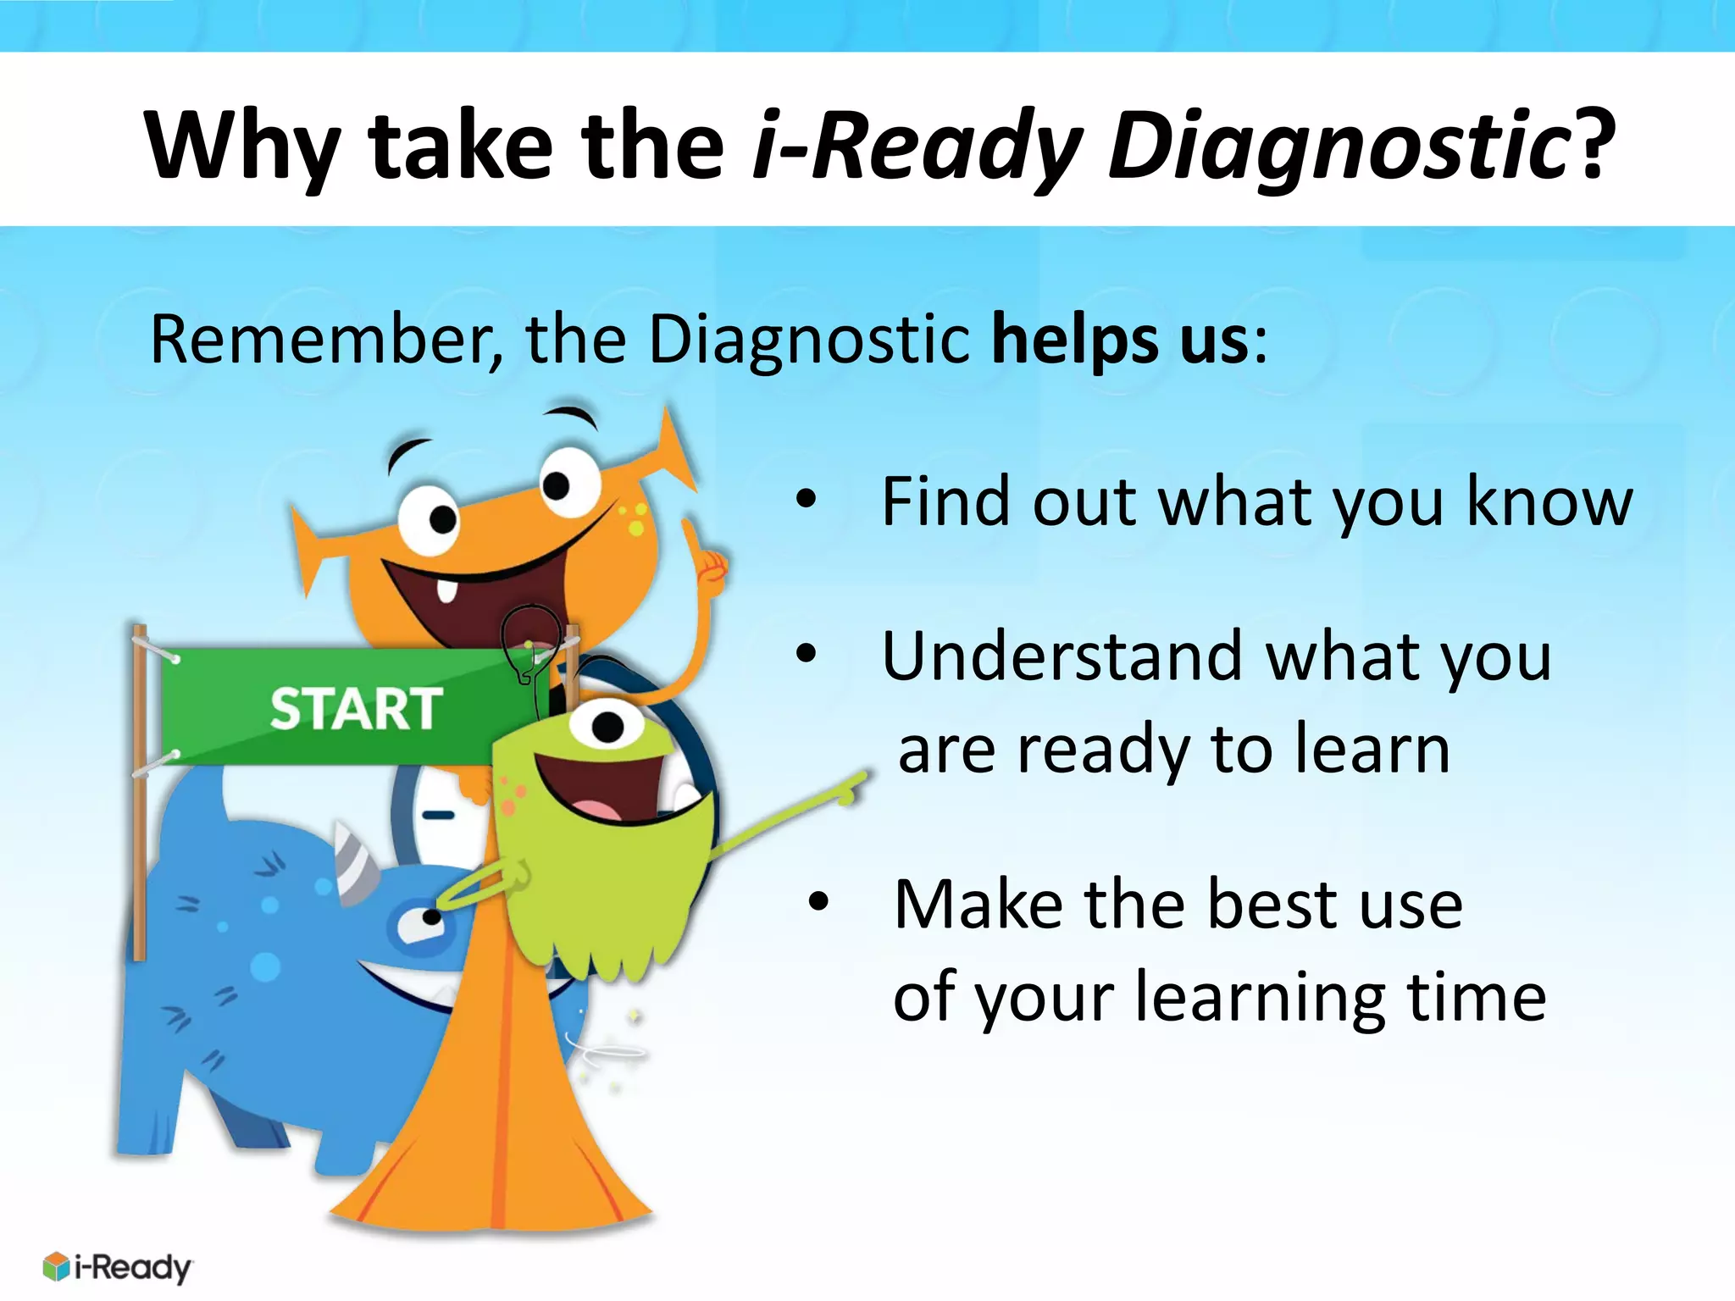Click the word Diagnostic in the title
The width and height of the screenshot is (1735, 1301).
pyautogui.click(x=1339, y=146)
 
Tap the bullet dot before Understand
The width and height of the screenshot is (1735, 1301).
pyautogui.click(x=806, y=654)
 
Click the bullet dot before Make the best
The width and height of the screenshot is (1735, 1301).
pyautogui.click(x=818, y=902)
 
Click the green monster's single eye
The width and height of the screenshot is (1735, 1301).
pyautogui.click(x=606, y=727)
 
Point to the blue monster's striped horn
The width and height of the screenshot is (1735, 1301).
pyautogui.click(x=354, y=860)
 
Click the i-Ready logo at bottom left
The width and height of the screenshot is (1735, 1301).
pyautogui.click(x=117, y=1267)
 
